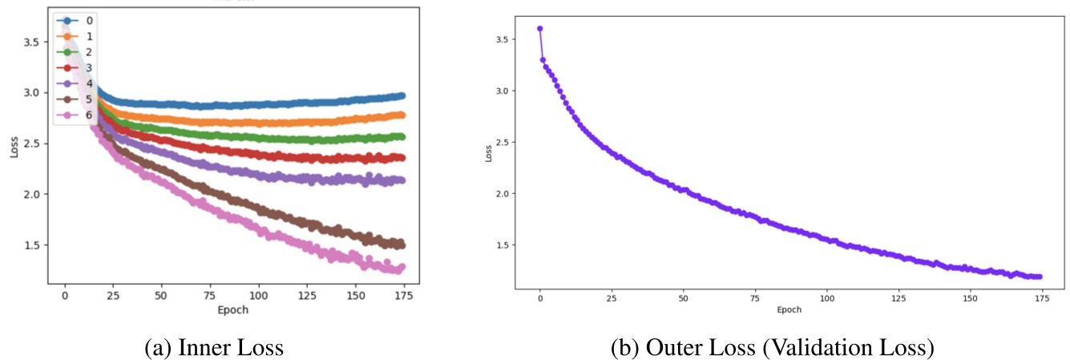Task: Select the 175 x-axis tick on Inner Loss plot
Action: point(402,294)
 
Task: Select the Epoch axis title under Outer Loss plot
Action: point(789,309)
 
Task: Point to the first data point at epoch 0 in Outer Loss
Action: point(540,29)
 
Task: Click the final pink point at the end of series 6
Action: point(402,267)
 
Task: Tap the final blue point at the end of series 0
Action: point(402,95)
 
